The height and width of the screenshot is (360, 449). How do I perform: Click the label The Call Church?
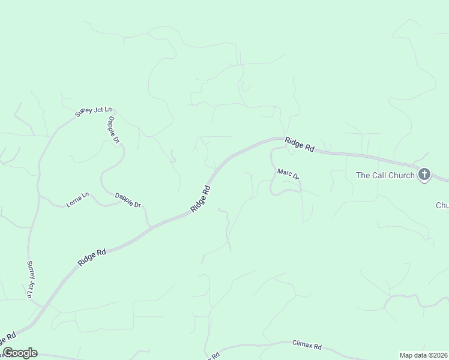tap(385, 175)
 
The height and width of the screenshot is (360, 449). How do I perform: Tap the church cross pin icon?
tap(424, 175)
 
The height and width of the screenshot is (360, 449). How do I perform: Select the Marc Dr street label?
tap(288, 173)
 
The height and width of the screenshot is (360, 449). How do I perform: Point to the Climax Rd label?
tap(307, 346)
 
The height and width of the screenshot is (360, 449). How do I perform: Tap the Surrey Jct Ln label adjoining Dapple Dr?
tap(93, 111)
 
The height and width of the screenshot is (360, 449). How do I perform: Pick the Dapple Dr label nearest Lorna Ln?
tap(128, 200)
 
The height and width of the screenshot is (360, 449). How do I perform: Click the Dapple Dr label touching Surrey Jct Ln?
tap(113, 130)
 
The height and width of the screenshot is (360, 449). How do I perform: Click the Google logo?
tap(20, 353)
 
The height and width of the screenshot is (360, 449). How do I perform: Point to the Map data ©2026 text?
tap(423, 355)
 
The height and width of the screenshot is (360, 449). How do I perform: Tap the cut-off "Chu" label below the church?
tap(442, 205)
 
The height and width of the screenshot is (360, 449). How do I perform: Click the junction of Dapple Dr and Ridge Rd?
tap(149, 227)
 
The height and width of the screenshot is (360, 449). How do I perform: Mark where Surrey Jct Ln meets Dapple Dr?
tap(113, 110)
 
